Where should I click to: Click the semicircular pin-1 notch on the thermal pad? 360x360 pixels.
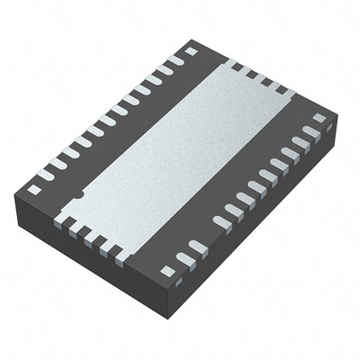[x=78, y=193]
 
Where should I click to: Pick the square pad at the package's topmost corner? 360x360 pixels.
[x=191, y=51]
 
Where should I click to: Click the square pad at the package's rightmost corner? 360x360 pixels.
[x=319, y=118]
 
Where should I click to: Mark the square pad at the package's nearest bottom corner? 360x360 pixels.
[x=166, y=270]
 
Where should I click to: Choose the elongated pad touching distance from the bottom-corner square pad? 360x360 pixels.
[x=185, y=259]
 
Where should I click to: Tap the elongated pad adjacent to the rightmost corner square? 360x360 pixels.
[x=309, y=132]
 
